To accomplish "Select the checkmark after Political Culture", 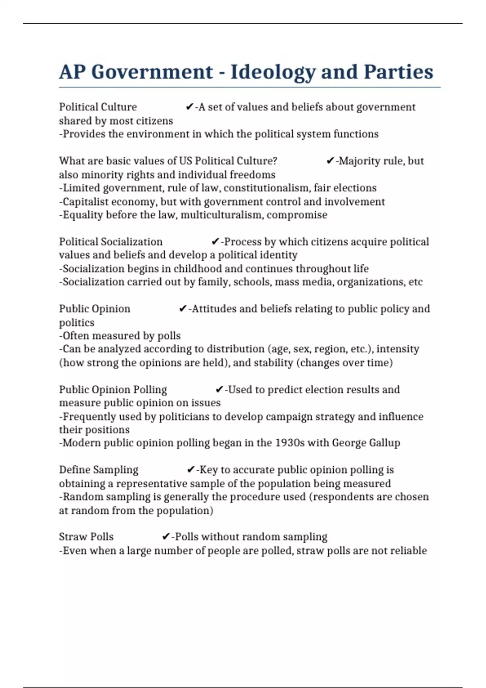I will click(x=189, y=107).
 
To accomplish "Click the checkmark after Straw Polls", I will click(x=166, y=537).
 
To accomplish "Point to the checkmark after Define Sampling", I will click(x=191, y=469).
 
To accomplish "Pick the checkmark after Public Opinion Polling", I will click(x=219, y=389).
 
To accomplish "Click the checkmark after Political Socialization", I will click(x=215, y=242).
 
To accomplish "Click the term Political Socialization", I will click(x=111, y=242).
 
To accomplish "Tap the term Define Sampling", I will click(x=98, y=469).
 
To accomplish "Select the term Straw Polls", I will click(x=86, y=537).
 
